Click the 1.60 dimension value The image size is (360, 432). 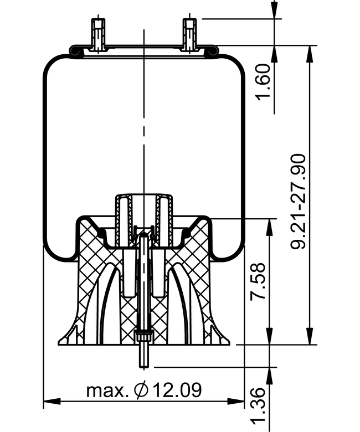click(263, 83)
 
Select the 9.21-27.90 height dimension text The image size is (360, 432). click(299, 202)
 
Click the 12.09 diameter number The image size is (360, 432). click(177, 390)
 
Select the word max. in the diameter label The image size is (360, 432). click(107, 390)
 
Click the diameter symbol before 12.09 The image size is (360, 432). click(141, 390)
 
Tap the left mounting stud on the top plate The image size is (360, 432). click(99, 34)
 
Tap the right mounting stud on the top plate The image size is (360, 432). click(190, 34)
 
